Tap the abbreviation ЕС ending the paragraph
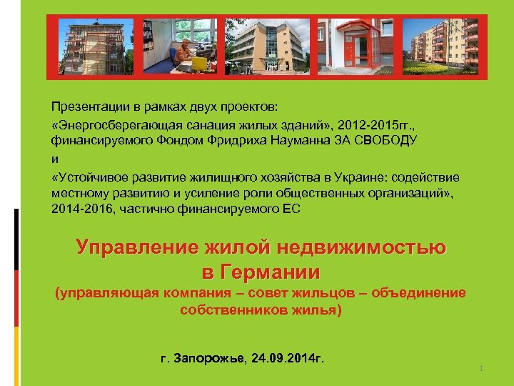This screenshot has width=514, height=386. coord(293,208)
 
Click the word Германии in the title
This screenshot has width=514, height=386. coord(271,272)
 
